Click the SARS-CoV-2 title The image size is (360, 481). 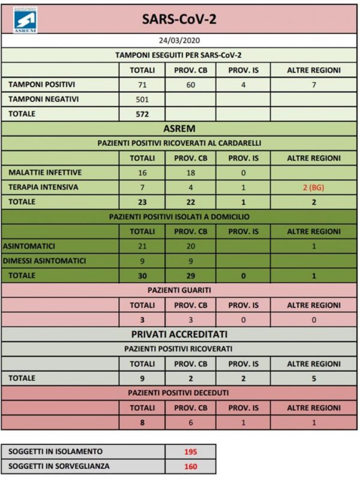pos(179,20)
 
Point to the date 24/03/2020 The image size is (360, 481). pos(179,41)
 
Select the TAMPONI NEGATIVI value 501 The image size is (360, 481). pos(143,100)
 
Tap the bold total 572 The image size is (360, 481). pos(143,114)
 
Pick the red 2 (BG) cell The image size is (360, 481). pos(314,187)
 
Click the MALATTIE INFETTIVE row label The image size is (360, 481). pos(45,173)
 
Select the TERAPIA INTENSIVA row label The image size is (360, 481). pos(44,187)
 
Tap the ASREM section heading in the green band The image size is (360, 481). pos(179,128)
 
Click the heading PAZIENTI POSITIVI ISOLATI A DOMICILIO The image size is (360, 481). pos(179,217)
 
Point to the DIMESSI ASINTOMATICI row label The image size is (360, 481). pos(44,261)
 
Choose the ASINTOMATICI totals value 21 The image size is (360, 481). pos(143,246)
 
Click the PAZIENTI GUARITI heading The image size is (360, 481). pos(179,290)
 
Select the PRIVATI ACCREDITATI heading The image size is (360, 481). pos(179,334)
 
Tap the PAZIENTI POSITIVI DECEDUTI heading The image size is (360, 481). pos(179,393)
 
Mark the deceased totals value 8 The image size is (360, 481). pos(143,422)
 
